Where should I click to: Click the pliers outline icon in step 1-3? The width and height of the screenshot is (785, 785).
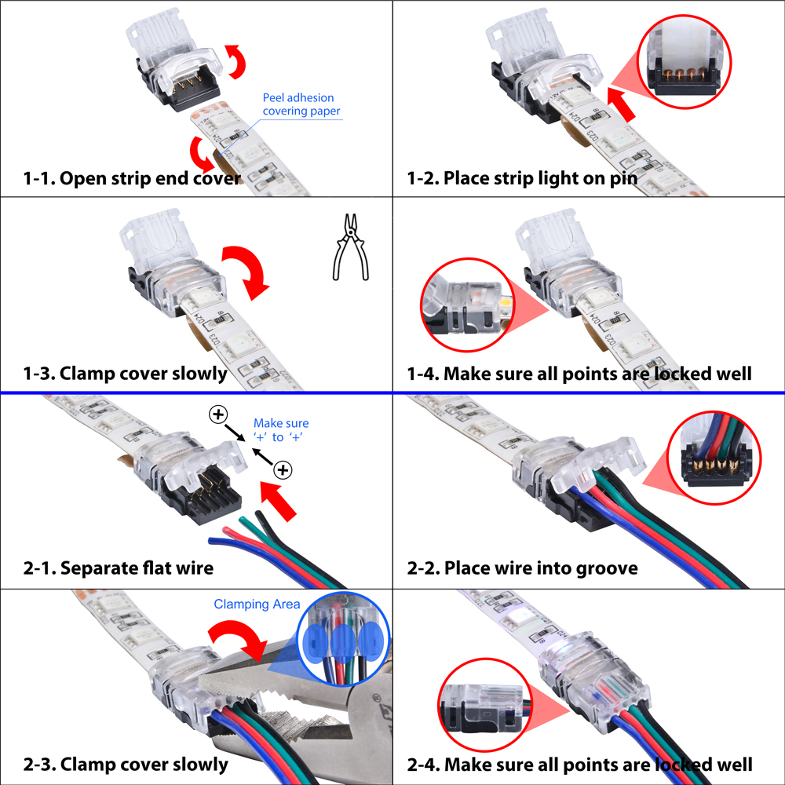tap(351, 246)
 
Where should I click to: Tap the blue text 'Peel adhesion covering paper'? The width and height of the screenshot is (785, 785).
tap(301, 104)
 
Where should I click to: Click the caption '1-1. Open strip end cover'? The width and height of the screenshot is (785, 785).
tap(132, 178)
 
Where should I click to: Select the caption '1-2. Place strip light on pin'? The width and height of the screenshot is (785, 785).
tap(522, 178)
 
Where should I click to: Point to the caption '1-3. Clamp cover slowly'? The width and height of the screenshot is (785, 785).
tap(125, 374)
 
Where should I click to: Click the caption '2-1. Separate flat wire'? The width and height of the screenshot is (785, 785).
tap(119, 568)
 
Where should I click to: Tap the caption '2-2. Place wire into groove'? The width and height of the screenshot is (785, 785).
tap(522, 568)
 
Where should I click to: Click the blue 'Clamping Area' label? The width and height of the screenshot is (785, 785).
tap(257, 604)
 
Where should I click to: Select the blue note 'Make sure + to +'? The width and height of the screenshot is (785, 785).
tap(281, 430)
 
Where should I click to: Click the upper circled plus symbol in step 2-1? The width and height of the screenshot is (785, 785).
tap(218, 414)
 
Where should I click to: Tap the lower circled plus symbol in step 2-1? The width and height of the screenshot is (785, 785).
tap(283, 470)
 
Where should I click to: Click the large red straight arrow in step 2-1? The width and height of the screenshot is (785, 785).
tap(279, 500)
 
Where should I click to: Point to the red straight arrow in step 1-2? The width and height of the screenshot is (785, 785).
tap(621, 104)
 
